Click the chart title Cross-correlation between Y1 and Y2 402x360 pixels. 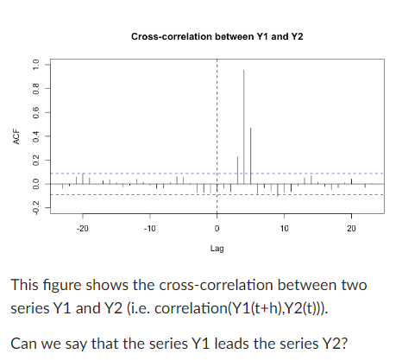[x=217, y=37]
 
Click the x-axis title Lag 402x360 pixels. [x=217, y=248]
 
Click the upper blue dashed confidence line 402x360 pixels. [x=129, y=174]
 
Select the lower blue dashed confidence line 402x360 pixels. [x=129, y=195]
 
